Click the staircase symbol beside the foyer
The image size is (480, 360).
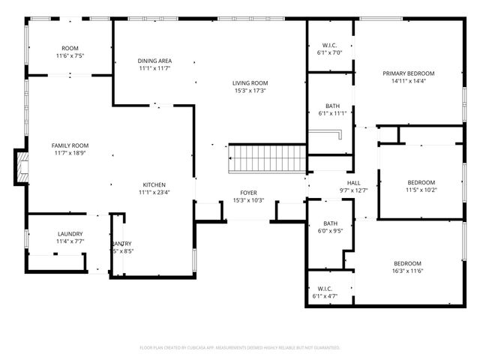[268, 159]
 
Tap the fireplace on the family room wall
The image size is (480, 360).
[21, 166]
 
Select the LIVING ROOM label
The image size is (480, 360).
[250, 83]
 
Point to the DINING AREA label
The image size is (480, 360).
[155, 61]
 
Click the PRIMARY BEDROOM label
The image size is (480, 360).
[409, 73]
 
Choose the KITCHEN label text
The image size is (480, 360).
[154, 184]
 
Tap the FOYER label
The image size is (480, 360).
[249, 193]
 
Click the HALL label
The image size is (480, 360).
[354, 183]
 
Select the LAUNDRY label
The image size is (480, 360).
[70, 234]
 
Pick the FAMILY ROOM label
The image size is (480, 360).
[70, 145]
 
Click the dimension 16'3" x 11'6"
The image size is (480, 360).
[409, 271]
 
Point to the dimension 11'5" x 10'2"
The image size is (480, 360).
[421, 190]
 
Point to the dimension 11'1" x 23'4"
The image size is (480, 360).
[154, 193]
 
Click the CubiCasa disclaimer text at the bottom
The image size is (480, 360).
[240, 347]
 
